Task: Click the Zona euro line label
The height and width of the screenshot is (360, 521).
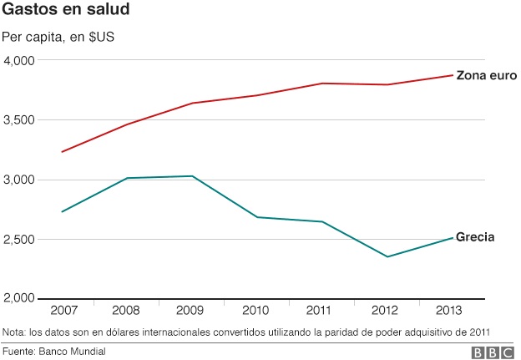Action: point(487,75)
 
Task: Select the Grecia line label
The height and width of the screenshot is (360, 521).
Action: point(475,237)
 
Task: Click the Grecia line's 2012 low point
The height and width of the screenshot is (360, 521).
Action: point(387,256)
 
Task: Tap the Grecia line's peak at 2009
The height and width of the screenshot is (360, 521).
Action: point(192,176)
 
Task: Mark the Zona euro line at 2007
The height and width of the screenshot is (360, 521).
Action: point(62,152)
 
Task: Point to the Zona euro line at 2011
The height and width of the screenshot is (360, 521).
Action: point(322,84)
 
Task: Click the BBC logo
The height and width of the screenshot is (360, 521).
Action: point(493,352)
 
